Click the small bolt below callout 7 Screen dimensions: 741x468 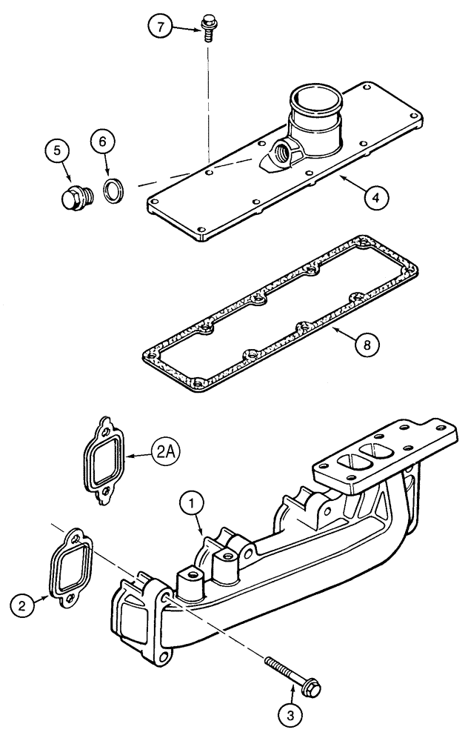coord(207,30)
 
